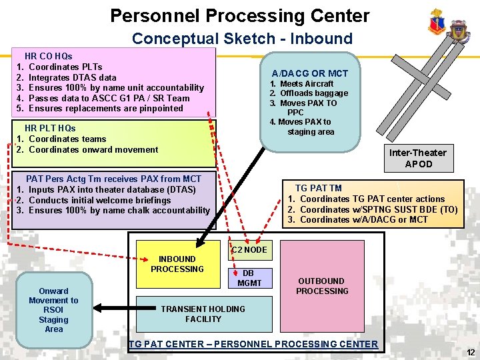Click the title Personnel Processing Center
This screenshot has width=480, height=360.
click(239, 16)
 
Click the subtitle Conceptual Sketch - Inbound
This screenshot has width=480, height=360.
click(242, 38)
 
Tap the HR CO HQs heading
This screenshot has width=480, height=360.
click(48, 56)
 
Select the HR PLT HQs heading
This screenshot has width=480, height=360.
click(50, 128)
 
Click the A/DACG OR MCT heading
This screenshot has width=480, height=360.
click(309, 73)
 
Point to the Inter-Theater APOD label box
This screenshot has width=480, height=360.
click(418, 158)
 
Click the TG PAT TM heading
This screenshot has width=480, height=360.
click(318, 188)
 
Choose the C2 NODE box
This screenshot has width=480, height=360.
click(249, 250)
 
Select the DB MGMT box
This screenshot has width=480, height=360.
click(249, 278)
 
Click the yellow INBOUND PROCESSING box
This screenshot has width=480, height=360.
click(177, 264)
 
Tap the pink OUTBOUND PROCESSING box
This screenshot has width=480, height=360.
click(322, 286)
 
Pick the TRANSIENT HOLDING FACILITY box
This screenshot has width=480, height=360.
click(203, 314)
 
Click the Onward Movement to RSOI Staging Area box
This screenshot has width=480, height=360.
click(54, 310)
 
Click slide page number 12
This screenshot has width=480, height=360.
click(471, 353)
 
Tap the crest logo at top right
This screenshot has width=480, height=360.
click(437, 24)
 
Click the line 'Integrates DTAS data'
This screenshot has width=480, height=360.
click(73, 77)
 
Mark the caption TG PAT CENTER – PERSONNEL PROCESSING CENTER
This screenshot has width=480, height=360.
click(253, 344)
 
